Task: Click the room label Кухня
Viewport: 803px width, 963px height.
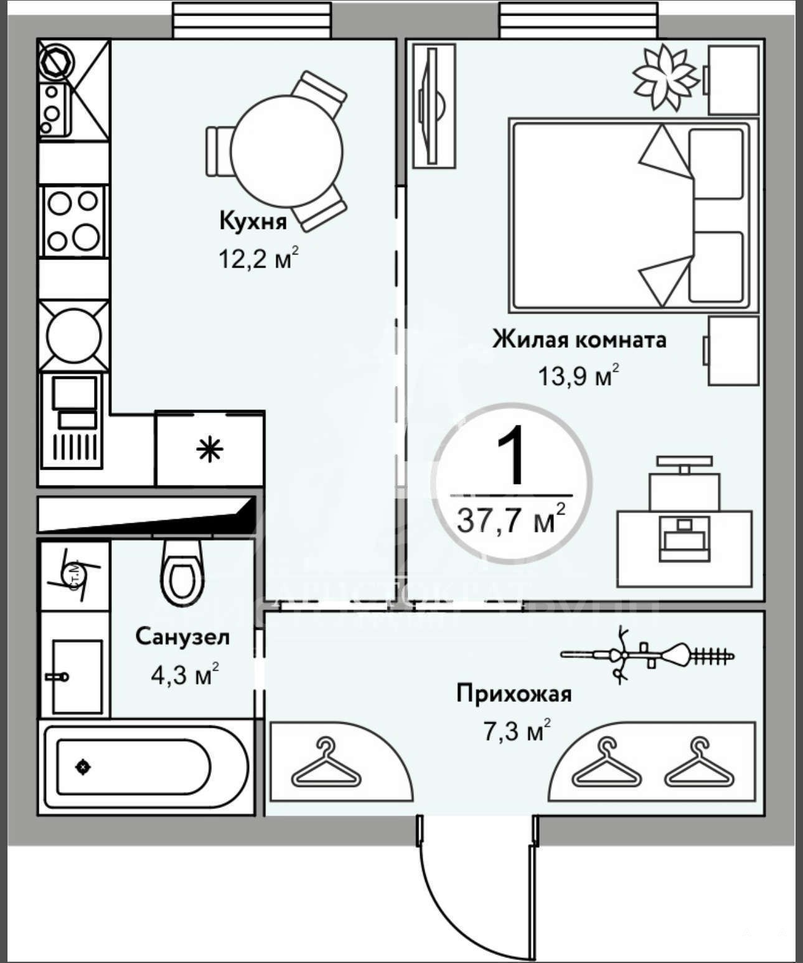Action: point(253,221)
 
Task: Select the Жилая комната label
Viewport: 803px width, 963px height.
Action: point(579,340)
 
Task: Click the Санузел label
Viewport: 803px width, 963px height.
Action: point(182,636)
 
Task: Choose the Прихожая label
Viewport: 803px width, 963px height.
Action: point(514,693)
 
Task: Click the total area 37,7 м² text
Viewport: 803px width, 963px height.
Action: point(511,520)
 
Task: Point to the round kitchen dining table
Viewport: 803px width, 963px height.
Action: point(286,150)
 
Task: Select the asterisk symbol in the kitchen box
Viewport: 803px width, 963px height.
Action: point(210,450)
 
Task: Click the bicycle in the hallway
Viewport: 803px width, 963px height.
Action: point(647,654)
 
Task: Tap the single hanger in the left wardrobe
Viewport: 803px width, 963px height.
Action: point(326,763)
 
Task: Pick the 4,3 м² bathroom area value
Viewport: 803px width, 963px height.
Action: point(184,674)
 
